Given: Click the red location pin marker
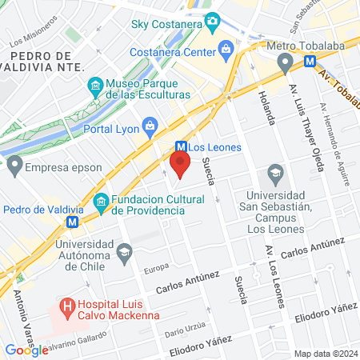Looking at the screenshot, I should pos(180,166).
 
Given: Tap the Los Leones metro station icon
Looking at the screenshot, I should pos(182,147).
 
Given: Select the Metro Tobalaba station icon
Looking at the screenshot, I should pos(310,60).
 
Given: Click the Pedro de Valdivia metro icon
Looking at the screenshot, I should pos(73,222).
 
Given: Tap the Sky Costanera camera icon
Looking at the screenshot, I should pos(212,23).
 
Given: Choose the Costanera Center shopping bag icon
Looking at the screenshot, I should pos(227,50).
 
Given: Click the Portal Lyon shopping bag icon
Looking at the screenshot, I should pos(150,125).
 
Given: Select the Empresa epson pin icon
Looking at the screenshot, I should pos(14,168).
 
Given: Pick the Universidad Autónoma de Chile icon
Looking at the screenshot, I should pos(124,254).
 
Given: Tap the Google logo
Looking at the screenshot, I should pos(26,350).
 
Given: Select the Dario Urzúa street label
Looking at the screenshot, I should pos(186,327).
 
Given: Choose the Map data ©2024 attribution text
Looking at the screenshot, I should pos(324,353).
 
